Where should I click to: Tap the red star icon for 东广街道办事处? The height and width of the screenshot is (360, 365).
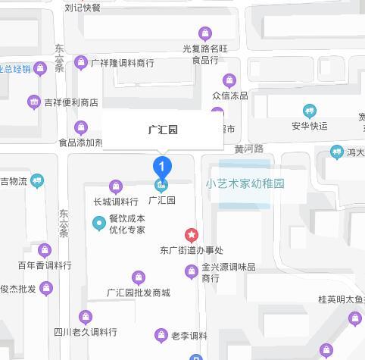[192, 235]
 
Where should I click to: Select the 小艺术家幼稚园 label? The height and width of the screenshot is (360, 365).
[245, 183]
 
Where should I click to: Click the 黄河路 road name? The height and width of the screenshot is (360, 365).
[248, 149]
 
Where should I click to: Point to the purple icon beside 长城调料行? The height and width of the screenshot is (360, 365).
[116, 186]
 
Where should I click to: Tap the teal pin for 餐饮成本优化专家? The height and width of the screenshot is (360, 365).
[98, 223]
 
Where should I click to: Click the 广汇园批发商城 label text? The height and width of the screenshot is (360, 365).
[139, 293]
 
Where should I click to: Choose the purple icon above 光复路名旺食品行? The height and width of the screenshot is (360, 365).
[204, 33]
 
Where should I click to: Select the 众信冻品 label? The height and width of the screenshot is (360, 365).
[229, 95]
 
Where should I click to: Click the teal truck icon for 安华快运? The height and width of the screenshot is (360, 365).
[309, 111]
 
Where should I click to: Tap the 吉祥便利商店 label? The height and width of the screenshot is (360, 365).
[71, 102]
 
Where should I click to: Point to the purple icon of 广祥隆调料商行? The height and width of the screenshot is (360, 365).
[82, 63]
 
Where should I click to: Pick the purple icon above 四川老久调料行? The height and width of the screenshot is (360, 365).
[86, 317]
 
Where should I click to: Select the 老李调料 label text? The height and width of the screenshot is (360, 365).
[189, 336]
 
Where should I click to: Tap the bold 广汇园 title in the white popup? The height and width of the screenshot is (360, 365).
[163, 130]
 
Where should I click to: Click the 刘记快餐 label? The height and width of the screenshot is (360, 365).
[83, 8]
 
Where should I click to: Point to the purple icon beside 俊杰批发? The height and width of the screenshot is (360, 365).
[46, 288]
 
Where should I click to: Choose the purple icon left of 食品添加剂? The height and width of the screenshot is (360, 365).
[82, 127]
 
